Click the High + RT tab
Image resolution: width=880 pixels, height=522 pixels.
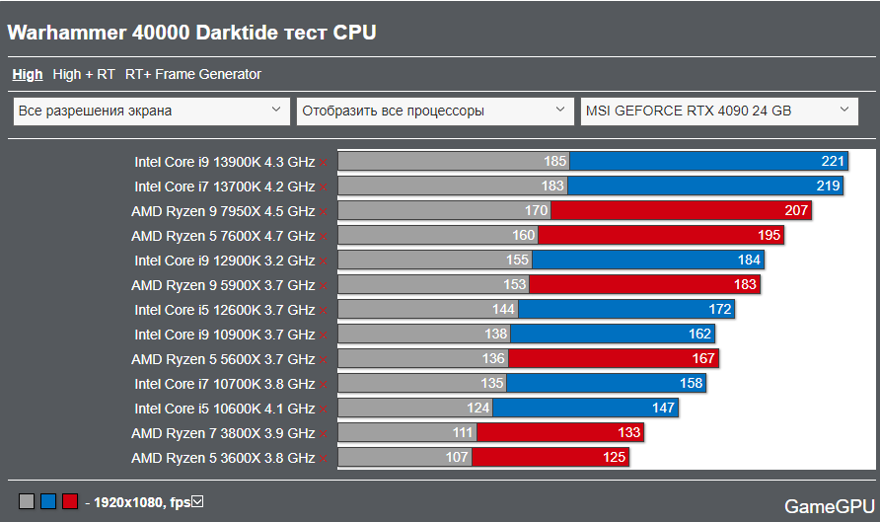pyautogui.click(x=84, y=74)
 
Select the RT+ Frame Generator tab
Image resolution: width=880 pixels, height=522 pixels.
pyautogui.click(x=193, y=74)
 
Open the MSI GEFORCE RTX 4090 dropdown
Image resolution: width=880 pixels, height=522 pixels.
pyautogui.click(x=718, y=111)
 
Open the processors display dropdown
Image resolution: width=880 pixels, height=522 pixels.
pyautogui.click(x=435, y=111)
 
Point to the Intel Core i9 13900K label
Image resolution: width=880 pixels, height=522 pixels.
pyautogui.click(x=225, y=161)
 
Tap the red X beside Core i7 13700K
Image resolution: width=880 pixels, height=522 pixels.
pyautogui.click(x=324, y=186)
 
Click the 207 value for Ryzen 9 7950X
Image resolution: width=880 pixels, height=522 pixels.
pyautogui.click(x=797, y=210)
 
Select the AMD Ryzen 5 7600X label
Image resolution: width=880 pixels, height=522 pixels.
pyautogui.click(x=223, y=236)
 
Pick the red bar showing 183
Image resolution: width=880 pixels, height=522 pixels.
pyautogui.click(x=645, y=285)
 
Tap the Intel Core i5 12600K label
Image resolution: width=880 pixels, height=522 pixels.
pyautogui.click(x=225, y=310)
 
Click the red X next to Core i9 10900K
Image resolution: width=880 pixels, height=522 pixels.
pyautogui.click(x=324, y=335)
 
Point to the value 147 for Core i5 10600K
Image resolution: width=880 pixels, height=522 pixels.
pyautogui.click(x=663, y=409)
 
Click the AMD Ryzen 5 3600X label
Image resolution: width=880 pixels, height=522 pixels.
pyautogui.click(x=223, y=458)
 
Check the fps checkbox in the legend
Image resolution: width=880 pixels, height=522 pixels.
pyautogui.click(x=197, y=502)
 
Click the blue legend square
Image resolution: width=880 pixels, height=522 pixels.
pyautogui.click(x=48, y=502)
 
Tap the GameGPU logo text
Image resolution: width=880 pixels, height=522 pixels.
pyautogui.click(x=827, y=506)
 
